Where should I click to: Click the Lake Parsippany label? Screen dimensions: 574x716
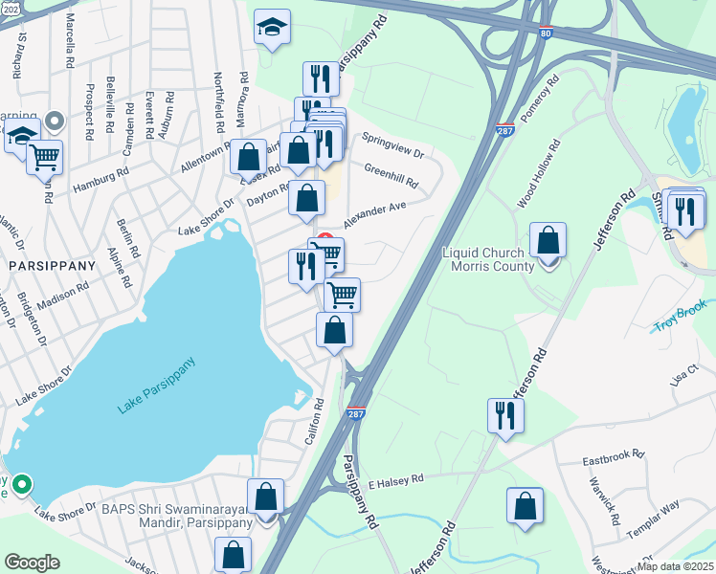157,386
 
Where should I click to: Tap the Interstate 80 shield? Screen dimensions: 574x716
545,32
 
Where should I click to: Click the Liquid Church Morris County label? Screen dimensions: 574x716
488,259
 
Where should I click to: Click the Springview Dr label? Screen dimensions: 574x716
392,146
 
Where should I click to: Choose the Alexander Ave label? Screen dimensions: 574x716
375,213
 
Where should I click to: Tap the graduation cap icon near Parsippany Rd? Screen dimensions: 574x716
272,29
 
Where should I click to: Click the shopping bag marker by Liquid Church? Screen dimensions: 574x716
548,242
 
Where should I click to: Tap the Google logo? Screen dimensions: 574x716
32,563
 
